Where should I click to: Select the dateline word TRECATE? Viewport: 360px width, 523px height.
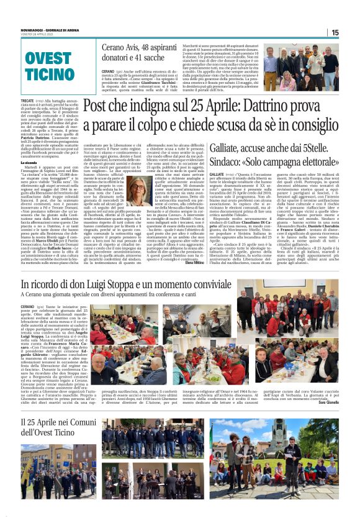point(27,100)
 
